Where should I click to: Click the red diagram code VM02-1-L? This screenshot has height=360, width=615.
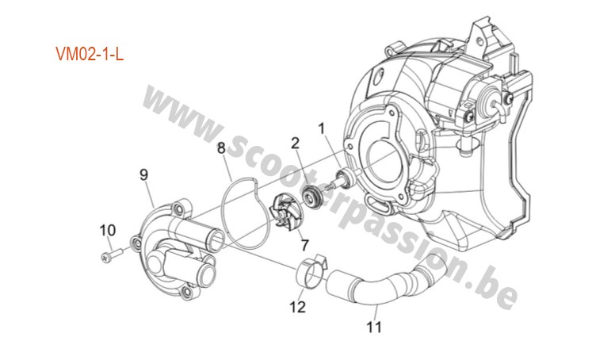(90, 54)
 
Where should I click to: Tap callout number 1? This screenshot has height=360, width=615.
(322, 128)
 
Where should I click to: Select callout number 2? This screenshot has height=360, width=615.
(295, 144)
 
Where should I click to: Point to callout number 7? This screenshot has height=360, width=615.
(305, 245)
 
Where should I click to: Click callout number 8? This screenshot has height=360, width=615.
(221, 148)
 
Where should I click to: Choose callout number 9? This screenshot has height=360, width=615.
(144, 174)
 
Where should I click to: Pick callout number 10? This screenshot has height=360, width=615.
(108, 230)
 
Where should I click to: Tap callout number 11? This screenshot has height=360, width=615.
(374, 327)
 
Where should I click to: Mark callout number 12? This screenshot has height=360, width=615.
(298, 307)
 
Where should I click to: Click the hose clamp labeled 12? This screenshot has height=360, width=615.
(311, 271)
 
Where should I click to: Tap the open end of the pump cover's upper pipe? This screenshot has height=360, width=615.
(216, 241)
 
